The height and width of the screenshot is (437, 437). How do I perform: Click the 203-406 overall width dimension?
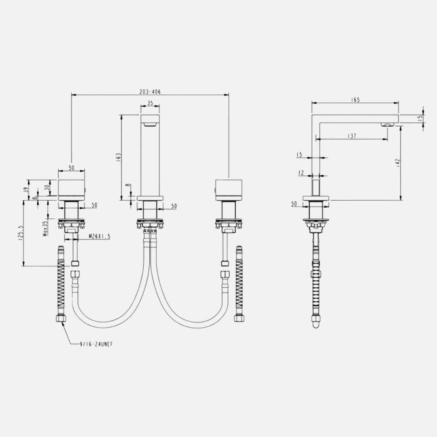(150, 92)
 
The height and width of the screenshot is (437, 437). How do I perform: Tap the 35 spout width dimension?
(150, 103)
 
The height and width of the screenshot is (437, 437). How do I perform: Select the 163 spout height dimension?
(119, 157)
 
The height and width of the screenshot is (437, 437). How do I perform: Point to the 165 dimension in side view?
(355, 100)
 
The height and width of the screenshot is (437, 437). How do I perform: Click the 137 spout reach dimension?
(352, 136)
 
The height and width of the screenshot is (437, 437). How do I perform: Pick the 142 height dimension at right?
(398, 163)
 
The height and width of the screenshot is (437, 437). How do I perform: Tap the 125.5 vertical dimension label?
(20, 233)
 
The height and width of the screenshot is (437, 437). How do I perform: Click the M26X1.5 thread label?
(100, 236)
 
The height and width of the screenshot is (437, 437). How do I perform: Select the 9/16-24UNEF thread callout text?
(96, 344)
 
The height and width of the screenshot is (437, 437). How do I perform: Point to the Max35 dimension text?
(45, 229)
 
